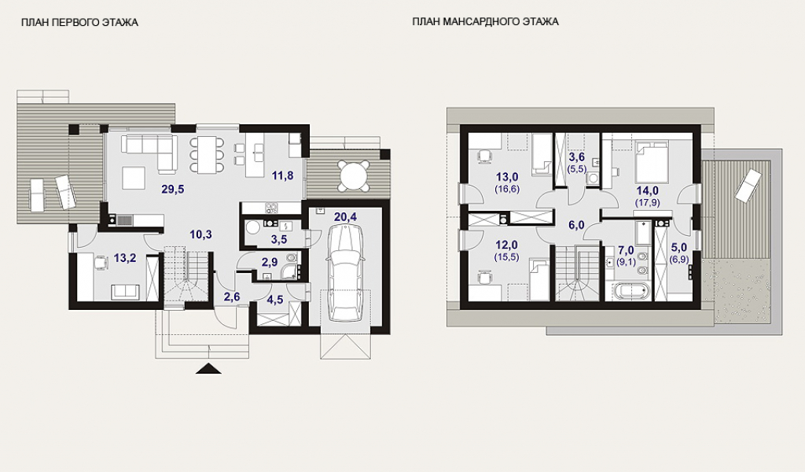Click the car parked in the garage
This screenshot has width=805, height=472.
(x=346, y=275)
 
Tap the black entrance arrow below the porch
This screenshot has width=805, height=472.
(x=208, y=368)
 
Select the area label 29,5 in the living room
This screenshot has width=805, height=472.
(x=172, y=189)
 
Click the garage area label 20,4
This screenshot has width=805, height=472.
(x=346, y=217)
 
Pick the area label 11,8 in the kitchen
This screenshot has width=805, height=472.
(x=283, y=175)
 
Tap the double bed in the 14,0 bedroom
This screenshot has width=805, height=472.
(x=652, y=162)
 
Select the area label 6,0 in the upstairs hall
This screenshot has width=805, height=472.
(x=576, y=225)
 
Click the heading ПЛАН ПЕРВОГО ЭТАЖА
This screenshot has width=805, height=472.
(x=79, y=22)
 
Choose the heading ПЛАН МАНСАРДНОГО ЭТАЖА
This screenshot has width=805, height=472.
(x=485, y=21)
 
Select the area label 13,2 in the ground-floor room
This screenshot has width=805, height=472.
(x=125, y=258)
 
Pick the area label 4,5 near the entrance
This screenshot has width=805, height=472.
(x=275, y=300)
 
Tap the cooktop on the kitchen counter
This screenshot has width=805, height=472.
(x=271, y=208)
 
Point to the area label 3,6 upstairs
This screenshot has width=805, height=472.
(x=577, y=157)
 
